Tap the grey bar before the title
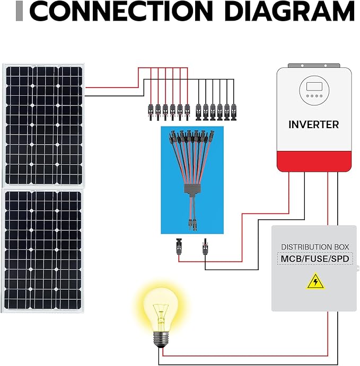coord(20,12)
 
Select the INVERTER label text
coord(313,125)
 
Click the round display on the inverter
coord(313,90)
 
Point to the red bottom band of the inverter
coord(314,161)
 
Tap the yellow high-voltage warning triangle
coord(315,281)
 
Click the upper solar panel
coord(43,124)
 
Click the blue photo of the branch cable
coord(192,180)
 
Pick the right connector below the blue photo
coord(204,247)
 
